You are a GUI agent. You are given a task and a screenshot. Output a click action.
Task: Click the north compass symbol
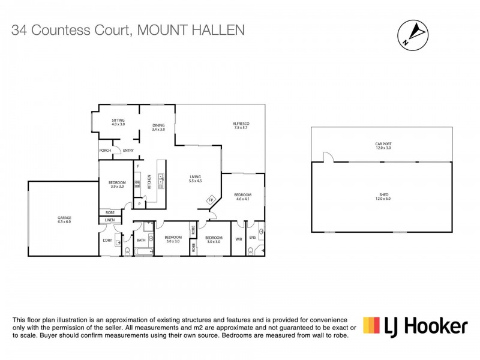pos(413,34)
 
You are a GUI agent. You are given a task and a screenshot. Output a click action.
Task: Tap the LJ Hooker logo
pos(415,326)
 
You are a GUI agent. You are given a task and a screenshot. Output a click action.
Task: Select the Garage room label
pos(64,219)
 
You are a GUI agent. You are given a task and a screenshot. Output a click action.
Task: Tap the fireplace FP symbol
pos(211,200)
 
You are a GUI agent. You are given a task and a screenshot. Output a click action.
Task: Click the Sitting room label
pos(118,122)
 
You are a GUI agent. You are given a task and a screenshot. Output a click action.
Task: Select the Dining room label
pos(158,127)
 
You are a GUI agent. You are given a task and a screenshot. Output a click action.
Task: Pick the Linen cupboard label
pos(109,220)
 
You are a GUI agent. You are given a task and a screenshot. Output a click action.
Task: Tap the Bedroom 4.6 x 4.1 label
pos(242,197)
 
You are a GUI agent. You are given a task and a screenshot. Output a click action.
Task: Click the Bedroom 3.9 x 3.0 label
pos(116,184)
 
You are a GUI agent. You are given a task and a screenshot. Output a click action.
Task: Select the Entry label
pos(128,151)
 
